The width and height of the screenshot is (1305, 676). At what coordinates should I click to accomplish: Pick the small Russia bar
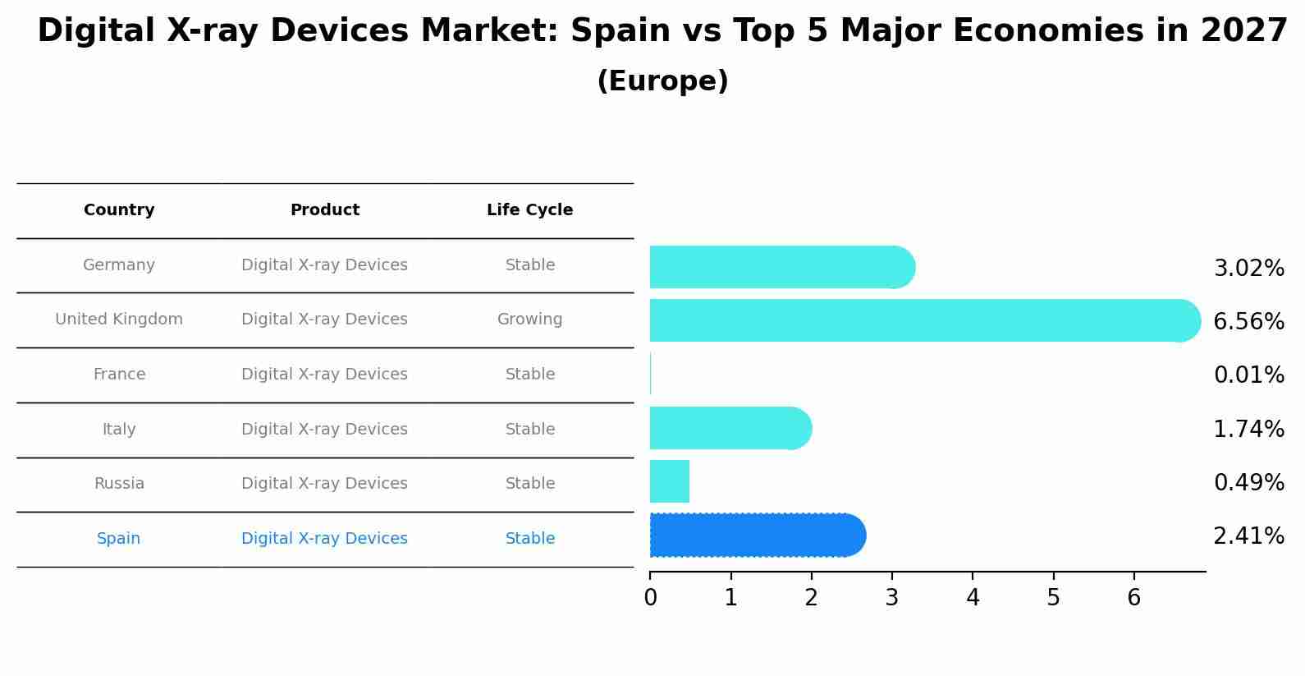tap(670, 481)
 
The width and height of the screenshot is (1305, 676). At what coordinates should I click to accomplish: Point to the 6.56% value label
tap(1248, 322)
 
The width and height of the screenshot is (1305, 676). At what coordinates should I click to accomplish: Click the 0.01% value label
tap(1248, 375)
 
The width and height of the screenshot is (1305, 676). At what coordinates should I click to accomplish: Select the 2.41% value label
tap(1248, 536)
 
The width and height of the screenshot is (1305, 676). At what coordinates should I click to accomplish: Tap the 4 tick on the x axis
tap(973, 598)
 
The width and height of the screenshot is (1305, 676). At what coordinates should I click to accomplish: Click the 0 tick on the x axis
tap(650, 598)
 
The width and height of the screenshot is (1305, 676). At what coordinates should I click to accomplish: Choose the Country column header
tap(119, 210)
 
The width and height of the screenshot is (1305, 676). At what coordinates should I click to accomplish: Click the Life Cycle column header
tap(529, 210)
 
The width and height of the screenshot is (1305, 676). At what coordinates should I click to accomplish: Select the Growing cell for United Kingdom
tap(529, 320)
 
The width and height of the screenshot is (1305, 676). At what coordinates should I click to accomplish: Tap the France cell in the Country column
tap(119, 375)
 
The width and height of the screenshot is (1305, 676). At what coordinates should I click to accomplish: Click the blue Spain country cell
tap(119, 539)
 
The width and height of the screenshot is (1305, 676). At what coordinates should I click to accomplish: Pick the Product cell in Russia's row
tap(324, 484)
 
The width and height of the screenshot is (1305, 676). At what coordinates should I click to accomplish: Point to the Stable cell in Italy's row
tap(529, 430)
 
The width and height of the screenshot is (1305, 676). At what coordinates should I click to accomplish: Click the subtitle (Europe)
tap(662, 81)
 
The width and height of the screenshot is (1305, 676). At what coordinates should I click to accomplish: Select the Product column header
tap(324, 210)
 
